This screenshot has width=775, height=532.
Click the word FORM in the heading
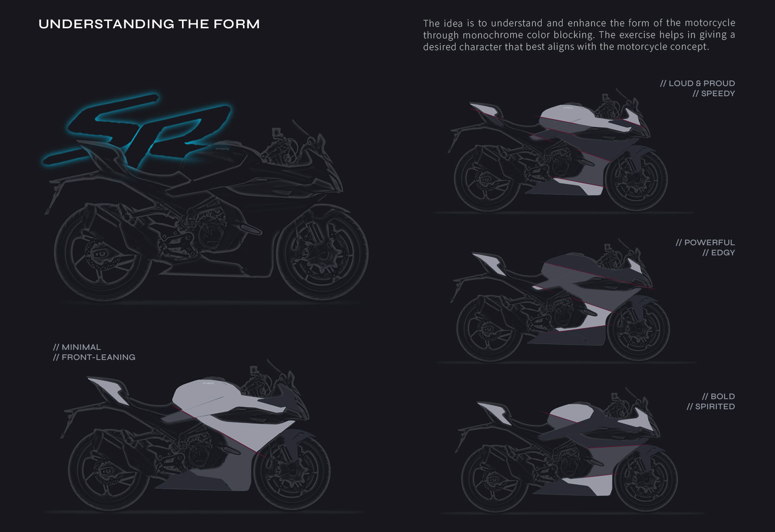pos(236,24)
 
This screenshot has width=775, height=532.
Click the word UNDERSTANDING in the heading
pos(106,24)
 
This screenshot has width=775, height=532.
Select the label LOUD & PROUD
pos(702,84)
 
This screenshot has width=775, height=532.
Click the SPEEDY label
pos(718,94)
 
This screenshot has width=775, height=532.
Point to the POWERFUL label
pos(709,243)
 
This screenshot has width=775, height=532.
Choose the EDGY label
pos(723,253)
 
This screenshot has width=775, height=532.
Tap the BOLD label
pos(723,397)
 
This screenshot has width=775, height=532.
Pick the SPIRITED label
pos(714,407)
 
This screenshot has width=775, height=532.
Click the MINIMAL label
pos(81,347)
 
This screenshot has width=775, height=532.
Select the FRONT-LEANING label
pos(98,357)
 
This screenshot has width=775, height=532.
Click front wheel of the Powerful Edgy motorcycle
pos(638,329)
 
